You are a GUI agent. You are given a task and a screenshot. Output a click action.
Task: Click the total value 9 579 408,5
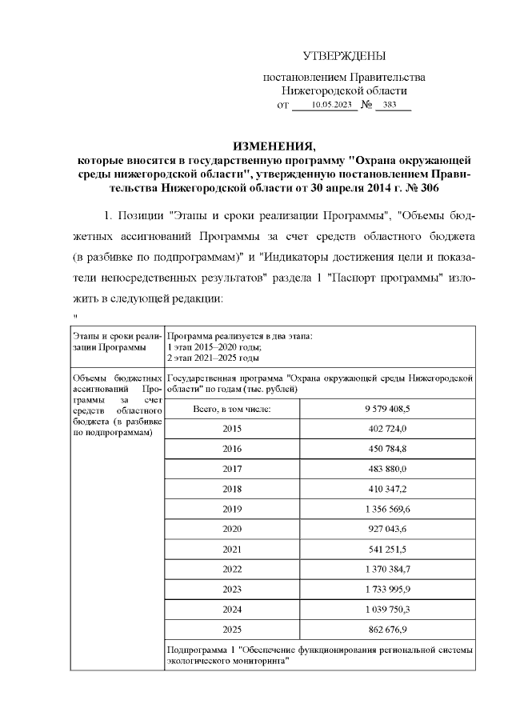pos(386,408)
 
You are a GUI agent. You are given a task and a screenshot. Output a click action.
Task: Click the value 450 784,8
pos(386,448)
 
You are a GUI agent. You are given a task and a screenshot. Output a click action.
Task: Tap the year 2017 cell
pos(231,468)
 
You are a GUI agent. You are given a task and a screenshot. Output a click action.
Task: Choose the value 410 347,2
pos(386,488)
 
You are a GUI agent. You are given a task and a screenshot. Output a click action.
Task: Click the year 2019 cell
pos(231,509)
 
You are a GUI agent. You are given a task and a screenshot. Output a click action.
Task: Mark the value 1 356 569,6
pos(386,509)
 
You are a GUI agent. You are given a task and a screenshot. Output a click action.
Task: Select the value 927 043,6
pos(386,529)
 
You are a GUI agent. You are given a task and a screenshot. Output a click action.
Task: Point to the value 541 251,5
pos(386,549)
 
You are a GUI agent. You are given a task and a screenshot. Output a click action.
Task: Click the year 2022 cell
pos(231,569)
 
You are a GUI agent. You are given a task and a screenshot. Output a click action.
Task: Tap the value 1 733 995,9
pos(386,589)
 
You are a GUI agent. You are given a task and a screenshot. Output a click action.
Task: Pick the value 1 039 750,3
pos(386,609)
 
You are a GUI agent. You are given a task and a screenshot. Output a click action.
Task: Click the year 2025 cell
pos(231,629)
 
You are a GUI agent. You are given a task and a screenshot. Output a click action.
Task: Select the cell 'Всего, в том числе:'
pos(231,408)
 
